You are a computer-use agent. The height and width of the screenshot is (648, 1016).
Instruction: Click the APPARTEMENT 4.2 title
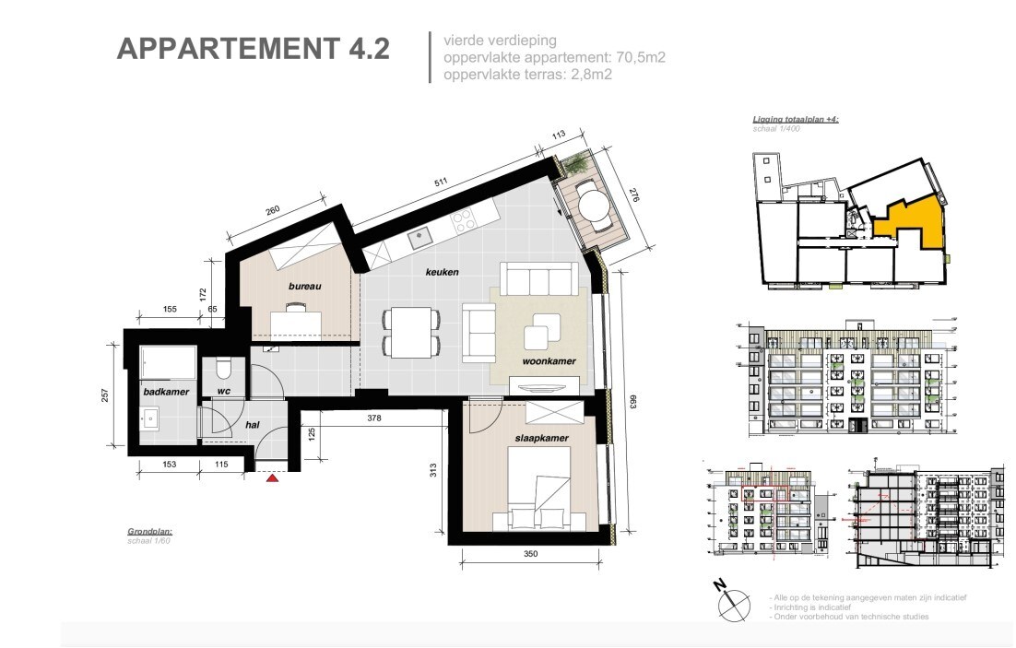253,50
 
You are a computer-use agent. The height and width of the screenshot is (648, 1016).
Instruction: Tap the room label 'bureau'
304,287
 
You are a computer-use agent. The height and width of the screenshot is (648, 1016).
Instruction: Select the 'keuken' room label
442,273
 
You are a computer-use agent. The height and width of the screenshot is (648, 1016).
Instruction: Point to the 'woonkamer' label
549,362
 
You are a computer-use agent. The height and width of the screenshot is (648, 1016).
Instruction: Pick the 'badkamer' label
165,392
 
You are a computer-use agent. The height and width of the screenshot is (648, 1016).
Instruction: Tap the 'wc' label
222,392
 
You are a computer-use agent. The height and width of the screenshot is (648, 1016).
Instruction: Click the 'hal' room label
253,426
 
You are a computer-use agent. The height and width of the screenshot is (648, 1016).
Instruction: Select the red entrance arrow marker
271,478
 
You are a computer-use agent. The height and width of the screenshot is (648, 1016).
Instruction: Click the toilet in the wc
221,369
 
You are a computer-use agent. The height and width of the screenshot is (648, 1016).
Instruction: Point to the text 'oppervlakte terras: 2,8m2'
528,75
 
